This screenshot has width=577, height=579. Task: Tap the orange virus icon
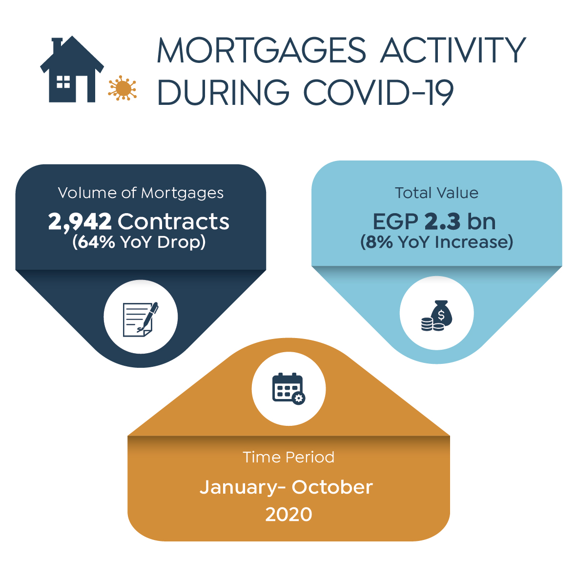pyautogui.click(x=123, y=88)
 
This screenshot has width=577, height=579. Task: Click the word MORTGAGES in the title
pyautogui.click(x=262, y=50)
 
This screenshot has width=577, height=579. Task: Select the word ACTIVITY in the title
pyautogui.click(x=453, y=50)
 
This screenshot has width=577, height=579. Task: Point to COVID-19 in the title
pyautogui.click(x=378, y=92)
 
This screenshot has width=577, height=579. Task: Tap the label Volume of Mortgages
pyautogui.click(x=141, y=193)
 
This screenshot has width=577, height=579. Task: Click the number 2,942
pyautogui.click(x=80, y=222)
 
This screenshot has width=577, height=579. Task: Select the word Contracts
pyautogui.click(x=173, y=221)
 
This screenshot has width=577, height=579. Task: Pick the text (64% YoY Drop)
pyautogui.click(x=139, y=242)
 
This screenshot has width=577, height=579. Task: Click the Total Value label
pyautogui.click(x=436, y=193)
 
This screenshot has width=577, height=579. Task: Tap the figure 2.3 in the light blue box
pyautogui.click(x=442, y=221)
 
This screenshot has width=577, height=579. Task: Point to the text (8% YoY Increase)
pyautogui.click(x=436, y=242)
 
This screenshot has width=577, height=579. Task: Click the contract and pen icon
pyautogui.click(x=141, y=319)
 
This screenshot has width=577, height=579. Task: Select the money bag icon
pyautogui.click(x=436, y=315)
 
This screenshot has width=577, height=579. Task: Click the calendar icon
pyautogui.click(x=288, y=389)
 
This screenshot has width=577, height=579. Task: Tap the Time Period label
pyautogui.click(x=288, y=457)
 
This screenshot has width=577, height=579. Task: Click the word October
pyautogui.click(x=332, y=487)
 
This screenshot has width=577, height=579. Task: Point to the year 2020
pyautogui.click(x=288, y=515)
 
